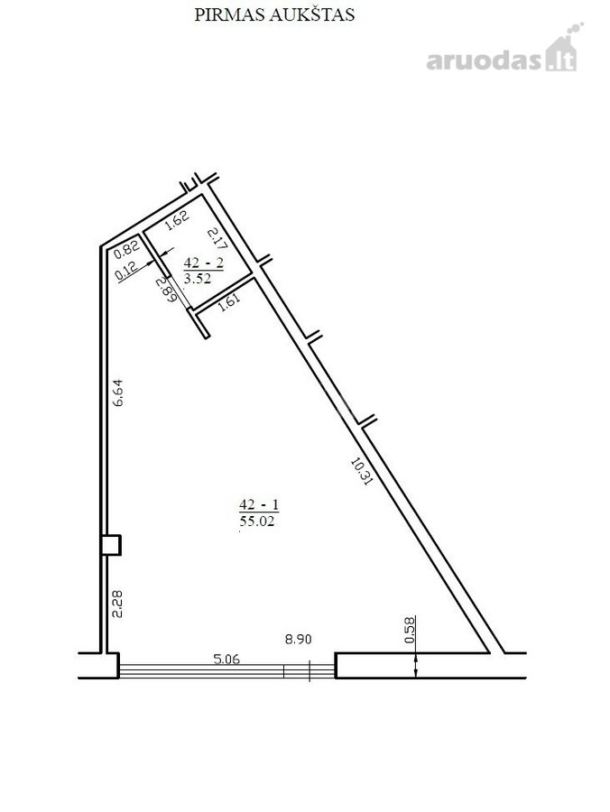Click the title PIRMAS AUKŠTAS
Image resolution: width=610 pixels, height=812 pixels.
(x=274, y=14)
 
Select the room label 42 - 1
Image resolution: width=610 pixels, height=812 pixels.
(x=259, y=503)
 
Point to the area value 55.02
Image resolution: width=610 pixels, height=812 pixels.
(x=257, y=521)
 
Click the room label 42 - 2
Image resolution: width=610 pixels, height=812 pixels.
(x=204, y=263)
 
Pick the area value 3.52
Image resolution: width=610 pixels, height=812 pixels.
(x=198, y=278)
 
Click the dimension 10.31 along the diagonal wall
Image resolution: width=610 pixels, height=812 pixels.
(x=362, y=470)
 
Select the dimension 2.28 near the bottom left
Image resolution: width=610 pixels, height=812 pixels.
(x=118, y=604)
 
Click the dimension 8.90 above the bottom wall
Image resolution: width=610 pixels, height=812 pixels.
(x=299, y=639)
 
